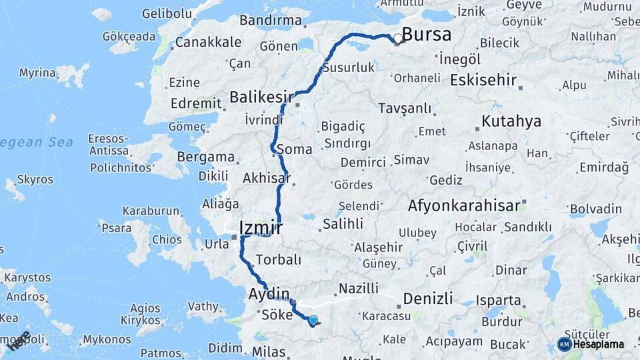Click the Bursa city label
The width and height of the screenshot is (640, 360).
[x=427, y=35]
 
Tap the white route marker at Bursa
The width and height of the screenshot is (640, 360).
[x=398, y=39]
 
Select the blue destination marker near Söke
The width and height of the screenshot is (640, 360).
[x=313, y=321]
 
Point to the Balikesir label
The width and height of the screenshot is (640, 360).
[x=261, y=97]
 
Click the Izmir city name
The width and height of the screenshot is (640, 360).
[x=261, y=229]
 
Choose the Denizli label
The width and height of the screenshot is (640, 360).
[x=428, y=297]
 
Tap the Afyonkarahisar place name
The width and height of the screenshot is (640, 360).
[x=463, y=205]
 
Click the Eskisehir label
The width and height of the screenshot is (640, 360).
[x=483, y=81]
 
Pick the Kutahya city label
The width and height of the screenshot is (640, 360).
[x=511, y=121]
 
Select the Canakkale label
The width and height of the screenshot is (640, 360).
[x=209, y=42]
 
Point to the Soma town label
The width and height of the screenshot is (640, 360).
[x=293, y=149]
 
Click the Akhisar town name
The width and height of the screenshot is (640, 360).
[x=267, y=178]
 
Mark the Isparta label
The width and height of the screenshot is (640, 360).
[x=498, y=300]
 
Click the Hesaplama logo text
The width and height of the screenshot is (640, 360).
[x=598, y=344]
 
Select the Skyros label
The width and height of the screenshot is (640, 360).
[x=35, y=179]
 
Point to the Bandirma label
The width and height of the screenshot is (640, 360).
[x=270, y=20]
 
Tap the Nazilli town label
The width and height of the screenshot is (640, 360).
[x=359, y=288]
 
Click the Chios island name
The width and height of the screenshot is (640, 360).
[x=167, y=239]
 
